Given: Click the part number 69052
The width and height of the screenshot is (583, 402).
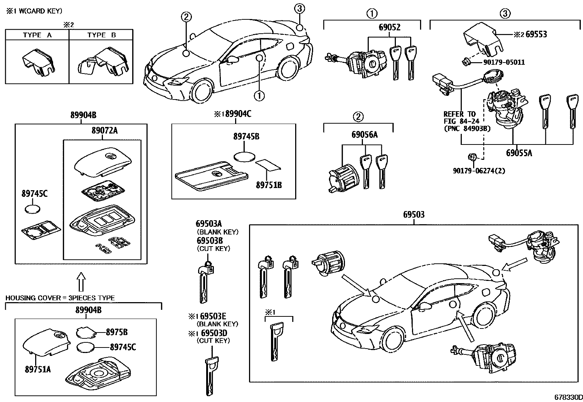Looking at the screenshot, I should [389, 27].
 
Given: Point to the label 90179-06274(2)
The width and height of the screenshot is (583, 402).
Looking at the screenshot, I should [479, 170].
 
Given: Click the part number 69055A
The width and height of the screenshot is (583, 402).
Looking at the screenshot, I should [519, 153].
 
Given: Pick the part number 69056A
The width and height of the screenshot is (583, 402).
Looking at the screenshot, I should [364, 135].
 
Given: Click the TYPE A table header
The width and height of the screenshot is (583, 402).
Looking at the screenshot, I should [37, 35].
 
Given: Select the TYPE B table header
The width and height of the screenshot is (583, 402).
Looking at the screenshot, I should [101, 35].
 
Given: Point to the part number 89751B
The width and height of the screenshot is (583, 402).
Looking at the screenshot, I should [268, 185].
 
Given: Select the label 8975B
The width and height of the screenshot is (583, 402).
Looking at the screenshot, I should [116, 332].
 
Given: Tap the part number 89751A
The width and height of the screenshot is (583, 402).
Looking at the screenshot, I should [38, 369].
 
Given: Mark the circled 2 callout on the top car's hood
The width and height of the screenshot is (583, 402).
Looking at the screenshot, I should [186, 16].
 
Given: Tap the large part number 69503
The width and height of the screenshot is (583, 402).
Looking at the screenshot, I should [414, 214].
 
